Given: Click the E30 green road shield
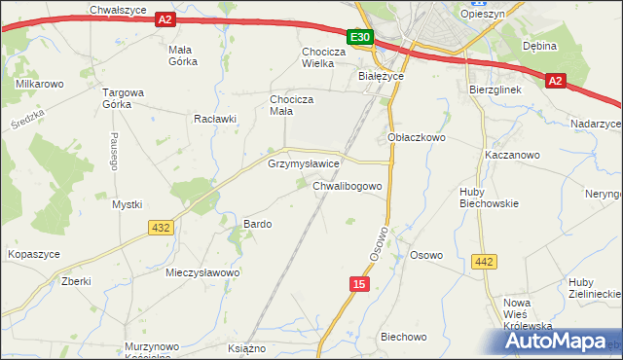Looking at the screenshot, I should tap(360, 37).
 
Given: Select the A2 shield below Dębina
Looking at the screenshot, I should tap(555, 81).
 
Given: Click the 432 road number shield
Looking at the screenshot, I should tap(162, 227).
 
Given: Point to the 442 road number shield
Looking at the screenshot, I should tap(485, 261).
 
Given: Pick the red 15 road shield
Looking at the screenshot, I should tap(359, 283).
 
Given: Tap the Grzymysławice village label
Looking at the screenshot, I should tap(303, 164).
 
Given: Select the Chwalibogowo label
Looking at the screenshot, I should tap(352, 185).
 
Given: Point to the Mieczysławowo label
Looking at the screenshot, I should tap(202, 272).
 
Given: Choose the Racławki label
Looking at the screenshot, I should tap(215, 120).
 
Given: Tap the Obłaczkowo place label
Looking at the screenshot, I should tap(417, 138).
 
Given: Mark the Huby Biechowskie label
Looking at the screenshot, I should tap(489, 198).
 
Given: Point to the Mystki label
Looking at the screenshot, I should tap(127, 204).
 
